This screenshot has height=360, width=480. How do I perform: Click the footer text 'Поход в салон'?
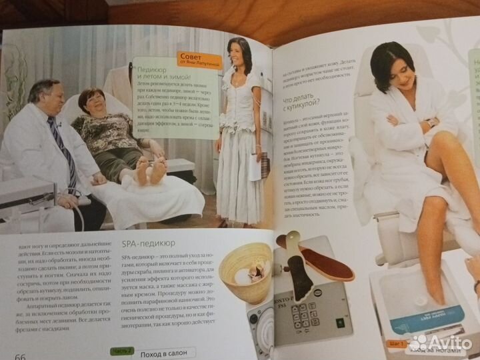[164, 351]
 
